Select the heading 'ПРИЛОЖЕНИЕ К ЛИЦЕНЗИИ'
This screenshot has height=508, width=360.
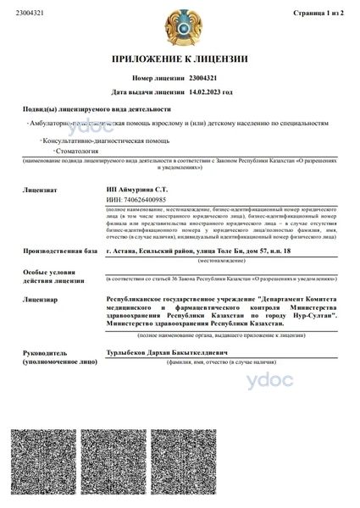click(x=180, y=58)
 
